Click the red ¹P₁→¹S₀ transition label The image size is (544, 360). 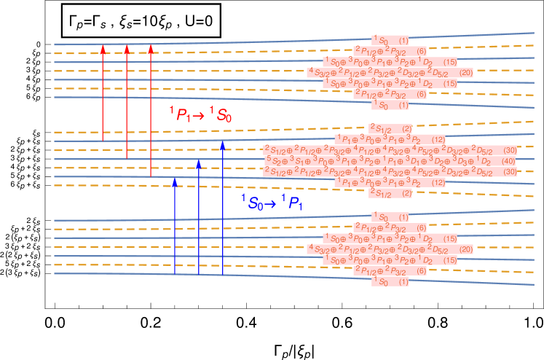pos(200,114)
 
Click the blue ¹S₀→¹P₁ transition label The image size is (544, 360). pos(271,203)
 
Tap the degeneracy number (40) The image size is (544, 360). pos(508,161)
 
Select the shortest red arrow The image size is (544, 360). pos(103,92)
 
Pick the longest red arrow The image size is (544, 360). pos(151,110)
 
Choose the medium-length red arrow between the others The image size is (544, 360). pos(127,101)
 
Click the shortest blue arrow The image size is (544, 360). pos(175,225)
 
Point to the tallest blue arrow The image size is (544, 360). pos(223,208)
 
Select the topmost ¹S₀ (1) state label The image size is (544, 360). pos(390,40)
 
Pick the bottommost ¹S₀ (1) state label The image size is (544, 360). pos(390,282)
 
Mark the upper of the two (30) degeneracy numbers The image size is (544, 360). pos(509,150)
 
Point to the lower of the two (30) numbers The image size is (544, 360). pos(509,172)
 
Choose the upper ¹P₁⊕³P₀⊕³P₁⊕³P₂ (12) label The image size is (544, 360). pos(390,139)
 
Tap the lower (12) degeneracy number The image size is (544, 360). pos(438,183)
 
